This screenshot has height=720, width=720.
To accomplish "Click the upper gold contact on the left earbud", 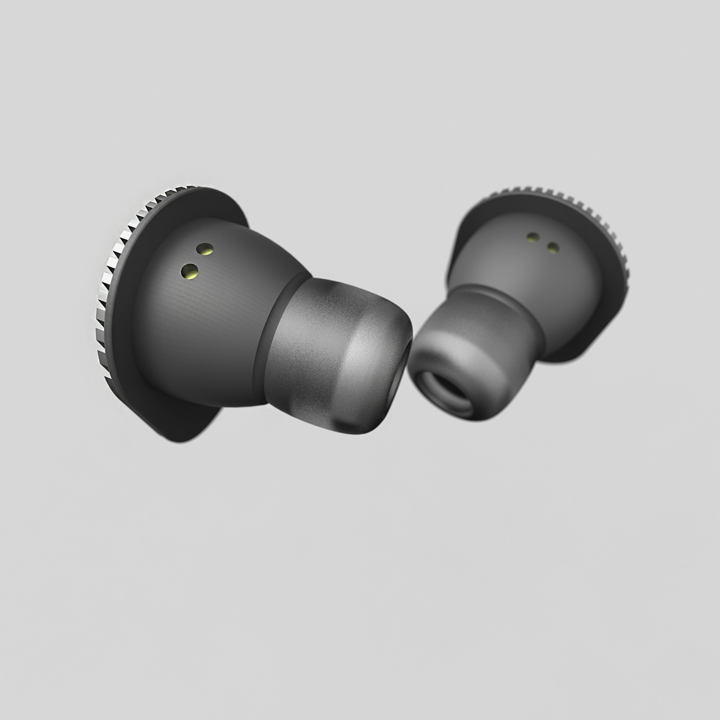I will pos(206,249).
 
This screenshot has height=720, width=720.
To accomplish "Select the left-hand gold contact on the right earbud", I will pos(533,237).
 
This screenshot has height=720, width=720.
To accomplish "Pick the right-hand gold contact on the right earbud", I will pos(553,248).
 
